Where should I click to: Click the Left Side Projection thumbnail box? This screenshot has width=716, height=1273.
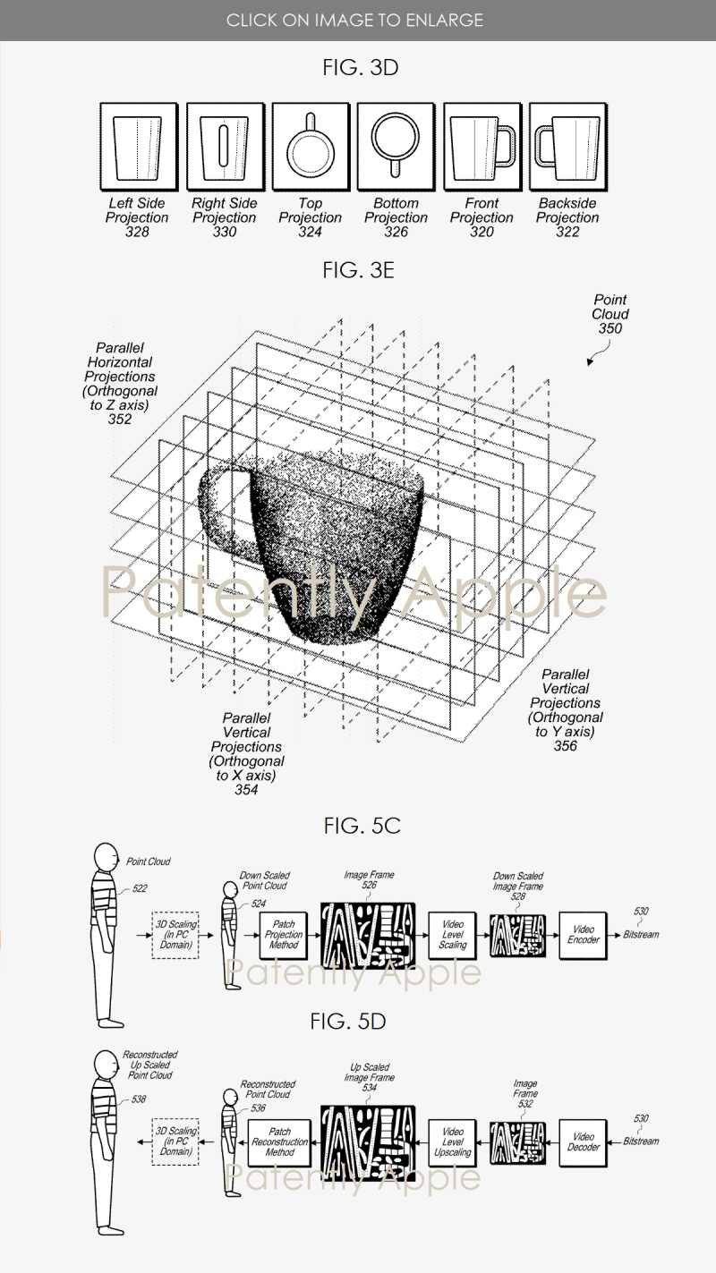point(137,147)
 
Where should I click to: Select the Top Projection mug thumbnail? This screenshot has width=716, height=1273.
point(310,147)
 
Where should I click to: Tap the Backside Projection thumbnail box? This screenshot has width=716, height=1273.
point(567,147)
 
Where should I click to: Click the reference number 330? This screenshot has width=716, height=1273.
point(224,233)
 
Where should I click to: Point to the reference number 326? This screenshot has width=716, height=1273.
point(396,233)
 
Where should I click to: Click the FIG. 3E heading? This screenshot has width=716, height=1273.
point(358,271)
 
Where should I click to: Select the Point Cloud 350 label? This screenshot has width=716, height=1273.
point(609,314)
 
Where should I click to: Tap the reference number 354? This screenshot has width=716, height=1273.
point(246,790)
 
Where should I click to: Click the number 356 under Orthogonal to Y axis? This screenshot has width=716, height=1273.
point(565,746)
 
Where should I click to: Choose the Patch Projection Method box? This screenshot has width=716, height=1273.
point(284,934)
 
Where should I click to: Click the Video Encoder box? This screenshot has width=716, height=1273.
point(584,934)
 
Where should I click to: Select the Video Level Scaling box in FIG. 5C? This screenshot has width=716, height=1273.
point(453,934)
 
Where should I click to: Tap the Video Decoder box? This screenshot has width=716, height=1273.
point(584,1142)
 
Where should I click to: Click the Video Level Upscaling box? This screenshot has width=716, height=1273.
point(453,1142)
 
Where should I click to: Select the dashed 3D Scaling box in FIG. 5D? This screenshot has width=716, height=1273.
point(175,1142)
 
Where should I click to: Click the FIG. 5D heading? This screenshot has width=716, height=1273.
point(361,1022)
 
